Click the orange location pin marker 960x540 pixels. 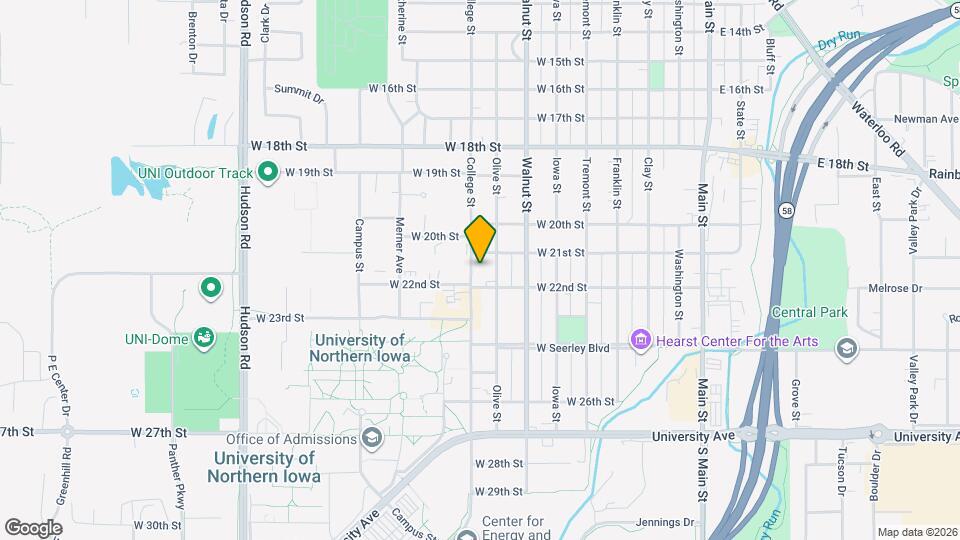pos(480,238)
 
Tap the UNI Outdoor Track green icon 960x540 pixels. pos(267,173)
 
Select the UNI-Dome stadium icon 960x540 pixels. pos(204,338)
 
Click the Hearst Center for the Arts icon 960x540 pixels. pos(640,341)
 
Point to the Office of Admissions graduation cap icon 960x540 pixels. pos(372,438)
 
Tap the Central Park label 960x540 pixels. pos(809,312)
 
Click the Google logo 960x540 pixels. pos(33,527)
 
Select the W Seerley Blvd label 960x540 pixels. pos(573,348)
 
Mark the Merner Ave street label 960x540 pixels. pos(400,245)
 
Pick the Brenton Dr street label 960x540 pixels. pos(192,43)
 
